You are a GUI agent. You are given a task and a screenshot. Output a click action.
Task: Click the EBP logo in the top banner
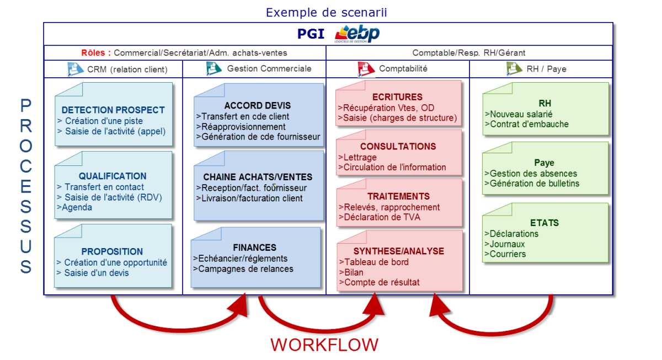(357, 34)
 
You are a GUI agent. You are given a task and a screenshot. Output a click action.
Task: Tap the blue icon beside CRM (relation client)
(75, 69)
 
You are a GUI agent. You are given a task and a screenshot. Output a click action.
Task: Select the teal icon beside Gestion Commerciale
(213, 68)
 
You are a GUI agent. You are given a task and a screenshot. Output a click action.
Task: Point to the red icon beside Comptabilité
(366, 69)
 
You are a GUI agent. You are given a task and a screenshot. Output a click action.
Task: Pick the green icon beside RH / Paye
(514, 68)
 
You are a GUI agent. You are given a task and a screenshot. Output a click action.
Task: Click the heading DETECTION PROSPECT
(113, 110)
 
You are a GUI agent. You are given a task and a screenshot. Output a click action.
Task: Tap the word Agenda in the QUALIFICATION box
(77, 207)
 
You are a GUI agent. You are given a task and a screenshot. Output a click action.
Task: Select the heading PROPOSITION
(112, 251)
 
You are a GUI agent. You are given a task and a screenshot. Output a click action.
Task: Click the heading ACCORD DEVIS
(258, 105)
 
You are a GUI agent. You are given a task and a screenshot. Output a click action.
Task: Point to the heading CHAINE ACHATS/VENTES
(258, 177)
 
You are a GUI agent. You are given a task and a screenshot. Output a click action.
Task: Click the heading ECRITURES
(397, 97)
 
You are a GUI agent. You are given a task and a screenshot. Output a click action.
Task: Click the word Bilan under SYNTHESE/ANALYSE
(354, 272)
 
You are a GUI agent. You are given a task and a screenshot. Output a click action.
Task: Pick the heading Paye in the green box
(544, 163)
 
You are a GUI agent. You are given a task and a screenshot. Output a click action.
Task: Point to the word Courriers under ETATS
(508, 254)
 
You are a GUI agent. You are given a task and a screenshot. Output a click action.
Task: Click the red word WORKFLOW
(324, 345)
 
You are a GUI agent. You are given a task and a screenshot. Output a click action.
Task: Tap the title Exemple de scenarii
(326, 12)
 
